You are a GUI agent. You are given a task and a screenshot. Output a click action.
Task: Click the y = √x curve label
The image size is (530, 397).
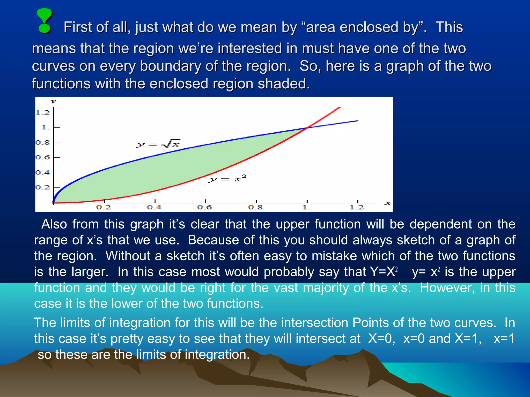click(158, 144)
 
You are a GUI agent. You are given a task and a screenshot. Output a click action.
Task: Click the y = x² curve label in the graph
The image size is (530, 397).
click(227, 179)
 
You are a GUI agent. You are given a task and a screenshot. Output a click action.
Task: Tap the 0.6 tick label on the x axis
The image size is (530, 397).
click(204, 207)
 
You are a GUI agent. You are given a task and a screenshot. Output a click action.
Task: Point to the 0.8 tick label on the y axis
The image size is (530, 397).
click(43, 142)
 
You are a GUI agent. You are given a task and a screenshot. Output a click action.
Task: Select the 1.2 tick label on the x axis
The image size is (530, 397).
click(357, 207)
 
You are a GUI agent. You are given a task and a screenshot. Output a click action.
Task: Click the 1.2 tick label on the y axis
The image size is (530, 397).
click(43, 112)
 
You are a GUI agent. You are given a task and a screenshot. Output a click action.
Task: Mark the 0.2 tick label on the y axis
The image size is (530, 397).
click(43, 187)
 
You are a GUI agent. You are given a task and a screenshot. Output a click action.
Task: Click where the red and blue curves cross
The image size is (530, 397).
click(307, 127)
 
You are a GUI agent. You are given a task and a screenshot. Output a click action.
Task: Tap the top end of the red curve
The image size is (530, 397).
click(340, 108)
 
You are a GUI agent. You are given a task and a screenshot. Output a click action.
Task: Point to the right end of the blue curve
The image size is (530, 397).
click(358, 121)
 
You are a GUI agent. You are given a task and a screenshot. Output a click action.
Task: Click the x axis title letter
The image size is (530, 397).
click(387, 203)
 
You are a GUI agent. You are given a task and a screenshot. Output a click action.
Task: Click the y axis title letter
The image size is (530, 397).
click(53, 101)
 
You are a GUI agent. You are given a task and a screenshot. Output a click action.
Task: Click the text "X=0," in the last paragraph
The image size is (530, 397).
click(382, 339)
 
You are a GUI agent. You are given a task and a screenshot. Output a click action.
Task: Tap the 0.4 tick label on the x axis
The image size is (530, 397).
click(154, 207)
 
